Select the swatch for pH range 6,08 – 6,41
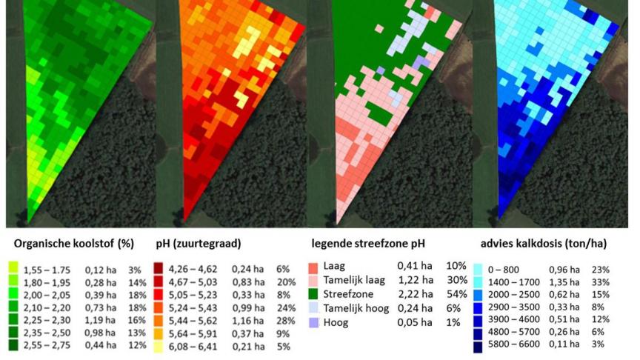pyautogui.click(x=160, y=346)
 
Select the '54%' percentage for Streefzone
pyautogui.click(x=456, y=295)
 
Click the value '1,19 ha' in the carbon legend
pyautogui.click(x=100, y=319)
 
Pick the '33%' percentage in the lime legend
pyautogui.click(x=601, y=282)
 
